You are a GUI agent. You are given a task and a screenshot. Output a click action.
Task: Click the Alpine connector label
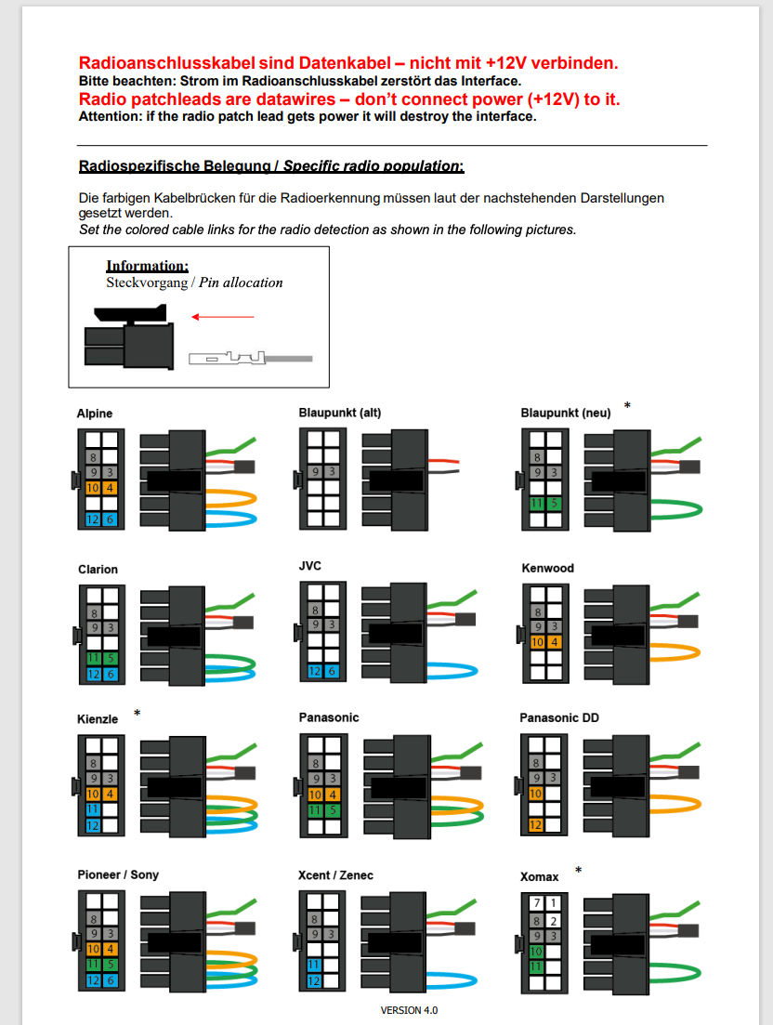pos(95,414)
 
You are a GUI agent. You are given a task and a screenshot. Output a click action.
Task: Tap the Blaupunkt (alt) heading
pos(340,413)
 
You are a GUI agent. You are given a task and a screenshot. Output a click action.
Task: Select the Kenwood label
pos(547,568)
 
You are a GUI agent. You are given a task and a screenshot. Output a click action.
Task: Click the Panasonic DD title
pos(559,717)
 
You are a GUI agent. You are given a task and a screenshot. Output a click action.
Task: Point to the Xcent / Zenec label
pos(335,875)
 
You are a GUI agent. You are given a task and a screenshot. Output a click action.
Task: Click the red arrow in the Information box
pos(223,317)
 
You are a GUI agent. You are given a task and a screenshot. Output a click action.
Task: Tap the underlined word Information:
pos(148,266)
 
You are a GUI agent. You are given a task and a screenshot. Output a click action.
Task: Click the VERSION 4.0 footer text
pos(409,1010)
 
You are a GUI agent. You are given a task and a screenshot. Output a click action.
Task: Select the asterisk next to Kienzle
pos(138,713)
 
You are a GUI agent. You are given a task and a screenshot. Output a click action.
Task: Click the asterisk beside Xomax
pos(578,871)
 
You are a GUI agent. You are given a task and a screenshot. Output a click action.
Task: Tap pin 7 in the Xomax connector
pos(537,903)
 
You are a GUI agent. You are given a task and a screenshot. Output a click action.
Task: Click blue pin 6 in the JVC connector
pos(332,671)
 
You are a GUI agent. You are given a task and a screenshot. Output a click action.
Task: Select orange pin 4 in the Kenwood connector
pos(554,642)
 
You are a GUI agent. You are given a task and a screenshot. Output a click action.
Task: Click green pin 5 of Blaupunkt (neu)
pos(554,504)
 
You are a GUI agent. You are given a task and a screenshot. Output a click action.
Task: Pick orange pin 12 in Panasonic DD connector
pos(536,825)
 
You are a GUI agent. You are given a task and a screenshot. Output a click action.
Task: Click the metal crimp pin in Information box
pos(250,358)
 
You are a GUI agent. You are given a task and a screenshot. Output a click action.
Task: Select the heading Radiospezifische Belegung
pos(175,166)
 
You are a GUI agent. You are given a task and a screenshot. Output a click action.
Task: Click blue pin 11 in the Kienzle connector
pos(93,809)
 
